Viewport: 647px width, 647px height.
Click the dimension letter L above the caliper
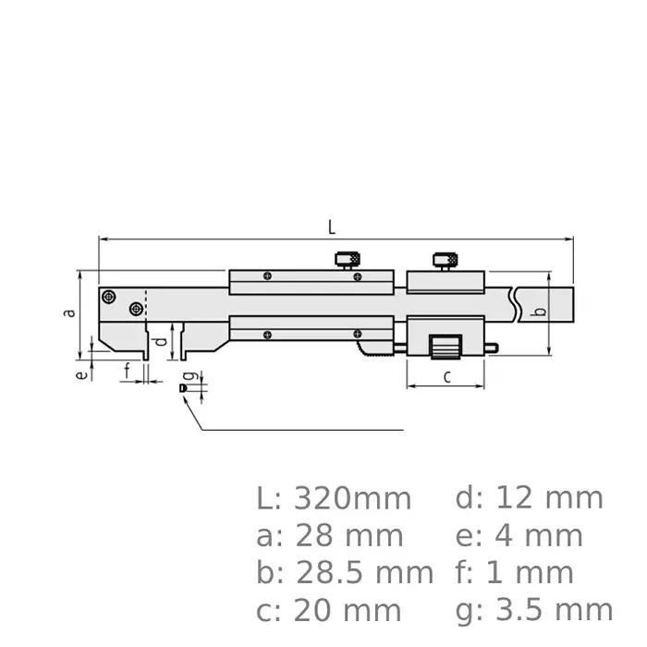[x=332, y=226]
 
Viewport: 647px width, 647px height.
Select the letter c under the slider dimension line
[x=446, y=375]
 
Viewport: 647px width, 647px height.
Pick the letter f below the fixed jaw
[x=127, y=372]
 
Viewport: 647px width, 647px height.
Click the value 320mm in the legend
[x=352, y=499]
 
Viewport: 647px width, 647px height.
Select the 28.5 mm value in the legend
[x=364, y=573]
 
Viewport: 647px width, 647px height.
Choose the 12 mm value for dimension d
[x=549, y=498]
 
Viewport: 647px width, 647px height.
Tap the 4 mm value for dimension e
[x=540, y=536]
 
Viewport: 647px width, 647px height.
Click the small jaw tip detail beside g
[x=183, y=389]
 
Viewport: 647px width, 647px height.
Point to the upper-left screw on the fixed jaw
[x=110, y=297]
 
